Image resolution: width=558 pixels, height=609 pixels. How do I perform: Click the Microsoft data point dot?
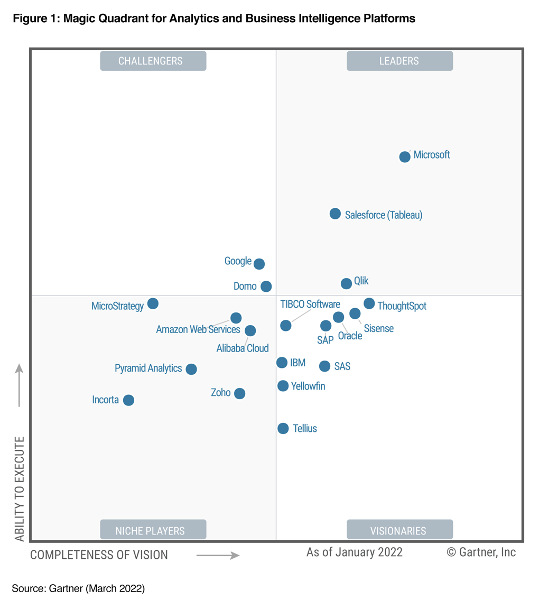click(405, 156)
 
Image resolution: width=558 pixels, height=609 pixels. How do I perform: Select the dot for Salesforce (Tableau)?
click(335, 214)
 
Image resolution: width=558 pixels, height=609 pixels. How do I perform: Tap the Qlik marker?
click(346, 283)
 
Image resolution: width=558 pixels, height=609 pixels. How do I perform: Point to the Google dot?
click(259, 264)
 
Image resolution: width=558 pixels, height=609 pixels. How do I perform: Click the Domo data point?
click(266, 287)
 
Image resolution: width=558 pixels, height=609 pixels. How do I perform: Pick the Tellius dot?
click(283, 428)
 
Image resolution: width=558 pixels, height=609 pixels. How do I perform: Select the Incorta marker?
click(128, 400)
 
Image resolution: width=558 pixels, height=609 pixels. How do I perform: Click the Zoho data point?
click(239, 393)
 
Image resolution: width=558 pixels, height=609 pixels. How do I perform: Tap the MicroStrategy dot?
click(153, 303)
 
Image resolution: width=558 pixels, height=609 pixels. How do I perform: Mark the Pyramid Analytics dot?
click(191, 369)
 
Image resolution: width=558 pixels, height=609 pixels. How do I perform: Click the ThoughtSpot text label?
click(402, 306)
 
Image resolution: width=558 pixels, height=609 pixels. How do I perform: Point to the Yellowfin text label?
click(308, 386)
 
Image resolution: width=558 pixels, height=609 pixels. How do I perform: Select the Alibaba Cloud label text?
click(243, 348)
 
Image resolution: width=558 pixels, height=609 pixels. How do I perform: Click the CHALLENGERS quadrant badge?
click(153, 61)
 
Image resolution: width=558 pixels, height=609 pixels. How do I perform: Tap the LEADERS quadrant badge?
click(399, 61)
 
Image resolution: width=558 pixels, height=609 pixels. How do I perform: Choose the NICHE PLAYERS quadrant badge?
click(153, 530)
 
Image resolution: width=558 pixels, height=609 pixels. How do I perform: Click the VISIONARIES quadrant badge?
click(399, 530)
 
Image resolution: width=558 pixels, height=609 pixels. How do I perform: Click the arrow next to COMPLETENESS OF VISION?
click(218, 555)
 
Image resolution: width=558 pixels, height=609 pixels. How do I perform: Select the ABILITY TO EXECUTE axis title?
click(20, 488)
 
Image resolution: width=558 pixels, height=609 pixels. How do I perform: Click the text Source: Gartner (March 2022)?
click(78, 588)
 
